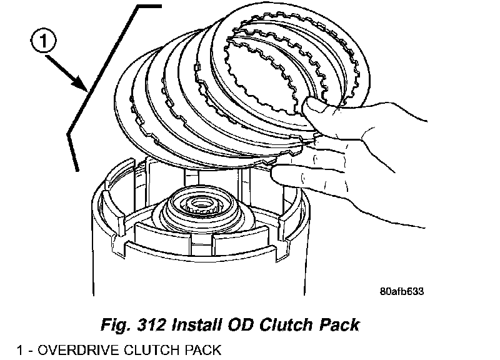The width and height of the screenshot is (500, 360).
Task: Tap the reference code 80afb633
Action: tap(406, 291)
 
